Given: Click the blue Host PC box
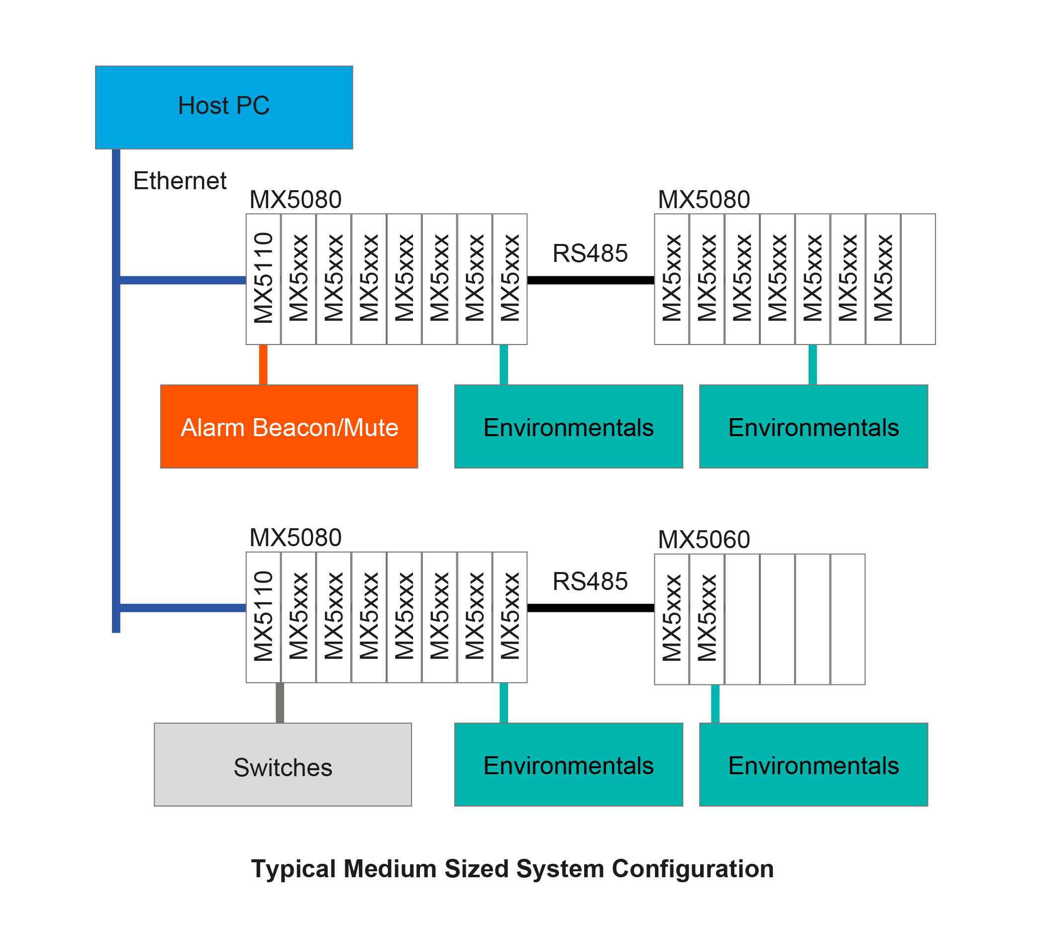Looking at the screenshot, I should (223, 107).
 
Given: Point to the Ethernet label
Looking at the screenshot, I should (180, 181).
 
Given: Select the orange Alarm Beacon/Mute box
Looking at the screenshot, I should (289, 427).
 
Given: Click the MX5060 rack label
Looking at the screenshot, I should (704, 539).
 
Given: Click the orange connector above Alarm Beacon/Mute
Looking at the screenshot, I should (263, 364).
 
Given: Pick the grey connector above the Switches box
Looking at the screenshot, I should (280, 702).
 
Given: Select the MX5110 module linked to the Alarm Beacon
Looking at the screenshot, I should (263, 279).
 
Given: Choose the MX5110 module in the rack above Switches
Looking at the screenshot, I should (263, 617).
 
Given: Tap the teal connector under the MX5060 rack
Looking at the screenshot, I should (715, 703).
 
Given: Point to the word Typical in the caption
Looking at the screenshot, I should (294, 869).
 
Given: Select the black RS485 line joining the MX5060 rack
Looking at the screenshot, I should (590, 608).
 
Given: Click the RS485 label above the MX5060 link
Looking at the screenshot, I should (590, 582).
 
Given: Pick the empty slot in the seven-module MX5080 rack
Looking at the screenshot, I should (918, 279).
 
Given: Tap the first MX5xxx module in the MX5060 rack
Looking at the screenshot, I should (672, 618).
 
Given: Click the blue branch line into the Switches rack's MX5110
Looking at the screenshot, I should (183, 608).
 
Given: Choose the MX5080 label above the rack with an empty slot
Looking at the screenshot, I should (704, 200).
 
